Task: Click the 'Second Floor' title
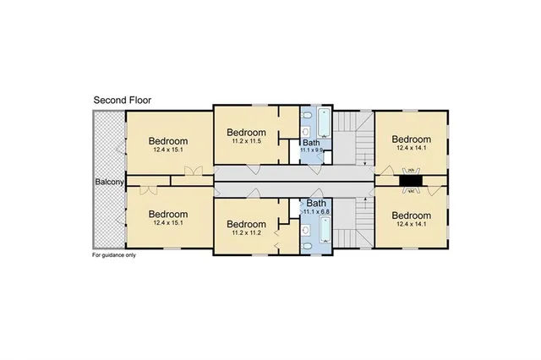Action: [x=123, y=100]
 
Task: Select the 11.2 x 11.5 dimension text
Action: [x=247, y=143]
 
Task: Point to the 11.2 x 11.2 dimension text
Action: [x=247, y=233]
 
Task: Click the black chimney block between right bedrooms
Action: [x=412, y=181]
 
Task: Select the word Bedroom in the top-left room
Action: [x=168, y=141]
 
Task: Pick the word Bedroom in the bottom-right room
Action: [x=412, y=215]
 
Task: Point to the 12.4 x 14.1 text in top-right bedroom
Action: [x=412, y=149]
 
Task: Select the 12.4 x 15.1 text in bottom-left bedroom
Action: [x=168, y=224]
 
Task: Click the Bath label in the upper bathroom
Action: [x=311, y=143]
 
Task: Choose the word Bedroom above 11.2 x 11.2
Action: [x=247, y=224]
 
